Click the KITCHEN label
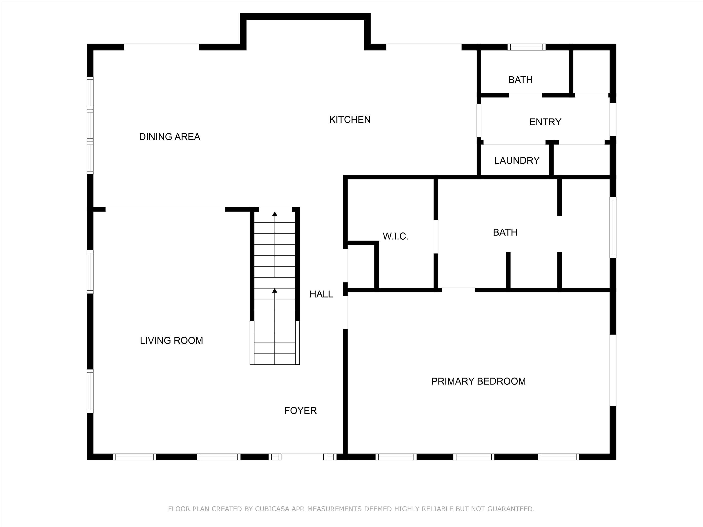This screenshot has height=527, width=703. tap(350, 119)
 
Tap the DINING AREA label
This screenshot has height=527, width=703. tap(170, 137)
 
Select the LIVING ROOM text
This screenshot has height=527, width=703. tap(171, 341)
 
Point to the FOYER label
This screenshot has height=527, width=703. tap(300, 411)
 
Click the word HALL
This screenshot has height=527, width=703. tap(321, 294)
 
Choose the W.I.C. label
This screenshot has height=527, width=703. tap(395, 236)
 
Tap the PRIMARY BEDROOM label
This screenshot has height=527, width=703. tap(478, 381)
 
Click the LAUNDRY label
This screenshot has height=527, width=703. tap(517, 160)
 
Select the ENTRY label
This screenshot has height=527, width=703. tap(545, 122)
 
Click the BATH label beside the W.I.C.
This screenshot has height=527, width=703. tap(505, 233)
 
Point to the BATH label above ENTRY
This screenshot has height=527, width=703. tap(520, 80)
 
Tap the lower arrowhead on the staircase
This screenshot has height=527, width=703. tap(275, 290)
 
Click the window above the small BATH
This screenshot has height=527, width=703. tap(526, 47)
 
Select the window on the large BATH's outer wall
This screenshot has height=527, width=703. tap(613, 227)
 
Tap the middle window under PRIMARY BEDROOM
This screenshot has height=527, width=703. tap(474, 457)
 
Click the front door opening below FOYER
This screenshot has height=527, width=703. tap(302, 457)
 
